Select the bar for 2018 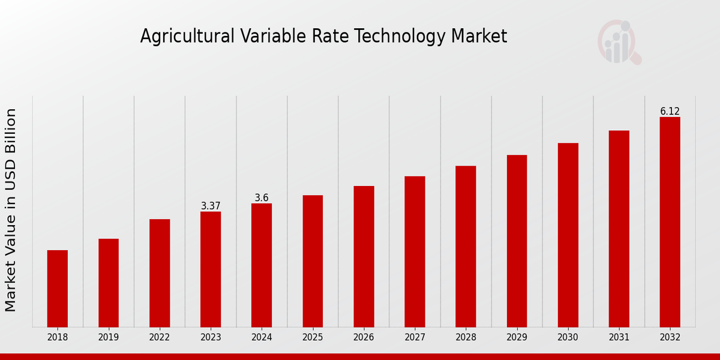pos(58,288)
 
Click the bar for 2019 pos(109,283)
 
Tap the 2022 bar pos(160,273)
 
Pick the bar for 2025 pos(313,261)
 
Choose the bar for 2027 pos(415,251)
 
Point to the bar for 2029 pos(517,241)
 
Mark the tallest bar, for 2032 pos(670,222)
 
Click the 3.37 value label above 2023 pos(211,206)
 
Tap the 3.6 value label pos(262,198)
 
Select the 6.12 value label pos(670,112)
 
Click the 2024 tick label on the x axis pos(262,337)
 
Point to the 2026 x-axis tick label pos(364,337)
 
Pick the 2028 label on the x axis pos(466,337)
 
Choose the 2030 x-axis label pos(568,337)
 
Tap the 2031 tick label pos(619,337)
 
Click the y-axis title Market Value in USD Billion pos(11,210)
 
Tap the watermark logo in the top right pos(619,42)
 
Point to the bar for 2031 pos(619,229)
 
